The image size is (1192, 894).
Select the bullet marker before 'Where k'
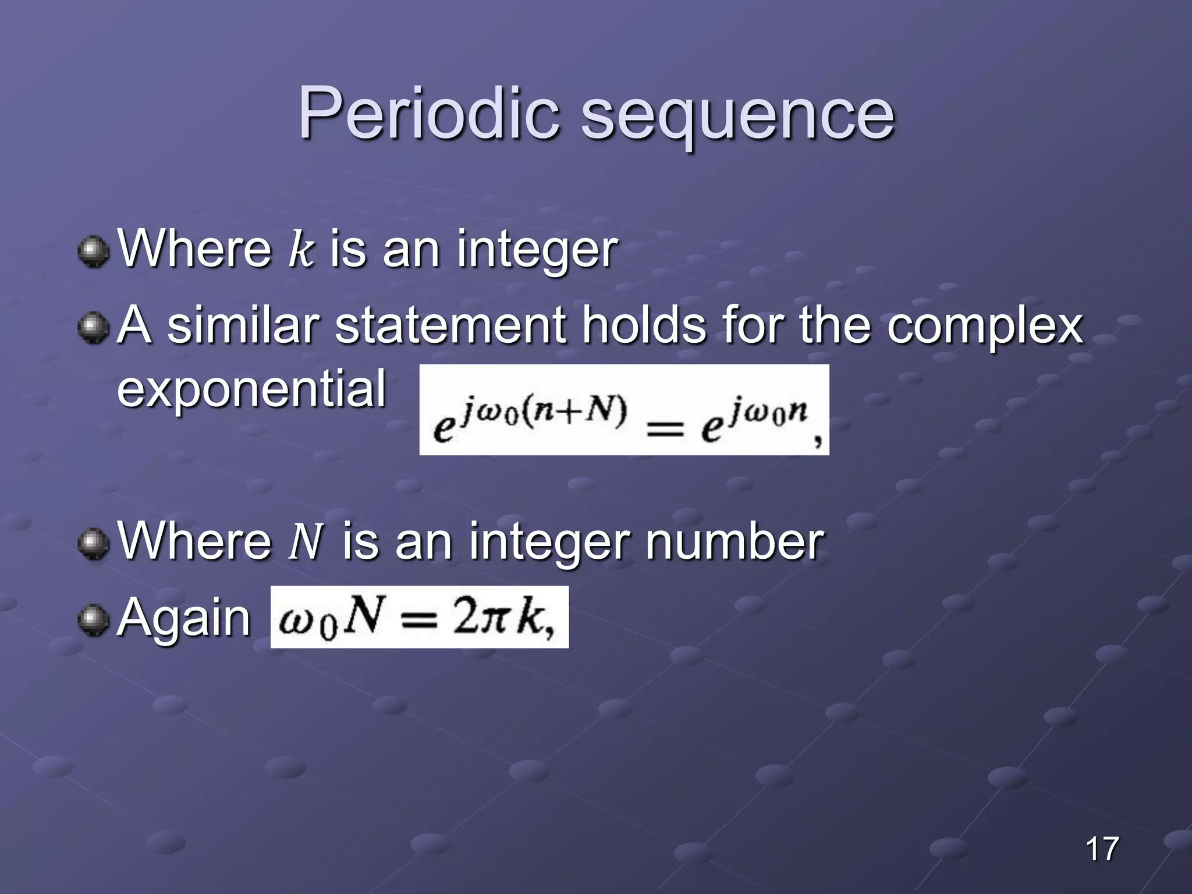tap(93, 252)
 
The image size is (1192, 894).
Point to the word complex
tap(985, 327)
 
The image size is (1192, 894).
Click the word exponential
tap(251, 389)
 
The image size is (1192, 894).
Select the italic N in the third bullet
tap(306, 542)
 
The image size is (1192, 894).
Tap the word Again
tap(184, 618)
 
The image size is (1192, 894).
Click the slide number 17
tap(1102, 849)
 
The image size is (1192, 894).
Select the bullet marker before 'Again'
tap(93, 620)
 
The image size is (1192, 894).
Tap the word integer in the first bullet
tap(537, 251)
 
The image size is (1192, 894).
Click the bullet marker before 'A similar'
tap(93, 328)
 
